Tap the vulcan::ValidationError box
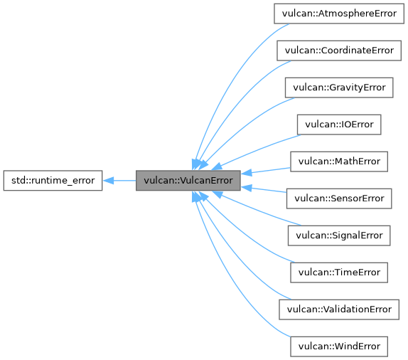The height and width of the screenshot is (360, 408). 338,309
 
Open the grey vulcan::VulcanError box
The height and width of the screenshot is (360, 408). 188,180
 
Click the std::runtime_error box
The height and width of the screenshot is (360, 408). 53,180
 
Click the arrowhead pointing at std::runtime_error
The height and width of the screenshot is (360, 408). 108,180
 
